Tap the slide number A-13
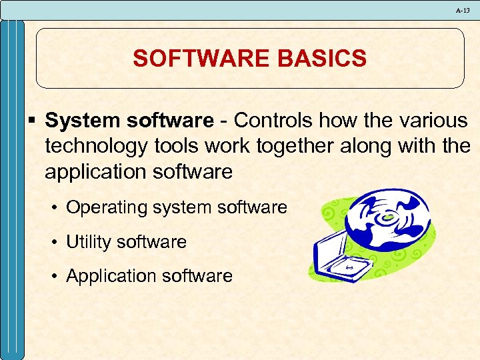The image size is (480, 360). (x=463, y=10)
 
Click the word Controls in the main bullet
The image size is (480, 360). (x=273, y=121)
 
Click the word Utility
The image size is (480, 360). (x=89, y=242)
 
